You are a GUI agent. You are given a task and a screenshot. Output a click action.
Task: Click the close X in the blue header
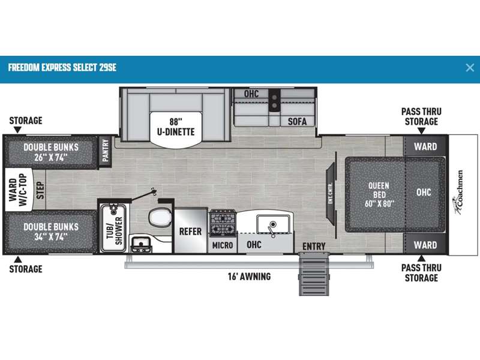tap(470, 68)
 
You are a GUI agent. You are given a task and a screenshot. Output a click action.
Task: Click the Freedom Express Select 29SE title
tap(62, 68)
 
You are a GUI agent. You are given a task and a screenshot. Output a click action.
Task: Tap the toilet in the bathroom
tap(160, 217)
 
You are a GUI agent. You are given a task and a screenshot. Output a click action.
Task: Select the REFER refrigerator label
tap(190, 232)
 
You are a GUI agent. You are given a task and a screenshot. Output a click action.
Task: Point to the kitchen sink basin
tap(273, 224)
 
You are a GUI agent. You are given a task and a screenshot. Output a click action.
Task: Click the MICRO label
tap(223, 245)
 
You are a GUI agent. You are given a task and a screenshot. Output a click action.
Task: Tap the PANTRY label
tap(106, 151)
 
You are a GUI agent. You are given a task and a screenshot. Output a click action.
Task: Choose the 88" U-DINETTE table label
tap(176, 127)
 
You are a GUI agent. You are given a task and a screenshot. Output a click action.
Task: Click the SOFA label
tap(297, 122)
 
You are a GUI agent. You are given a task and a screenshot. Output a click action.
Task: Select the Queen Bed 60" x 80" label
tap(379, 194)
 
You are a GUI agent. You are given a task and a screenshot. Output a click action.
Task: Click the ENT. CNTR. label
tap(331, 193)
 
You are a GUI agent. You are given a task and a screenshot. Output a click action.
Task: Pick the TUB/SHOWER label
tap(115, 230)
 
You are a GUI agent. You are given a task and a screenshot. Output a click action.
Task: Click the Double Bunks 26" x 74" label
tap(51, 152)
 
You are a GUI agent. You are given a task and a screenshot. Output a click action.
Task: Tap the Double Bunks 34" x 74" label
tap(51, 232)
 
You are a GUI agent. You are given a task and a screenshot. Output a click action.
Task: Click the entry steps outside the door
tap(314, 274)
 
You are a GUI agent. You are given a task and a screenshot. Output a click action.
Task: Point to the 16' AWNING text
tap(249, 277)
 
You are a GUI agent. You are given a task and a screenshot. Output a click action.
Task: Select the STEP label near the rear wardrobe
tap(40, 190)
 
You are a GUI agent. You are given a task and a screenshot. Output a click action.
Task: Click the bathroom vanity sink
tap(141, 244)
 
